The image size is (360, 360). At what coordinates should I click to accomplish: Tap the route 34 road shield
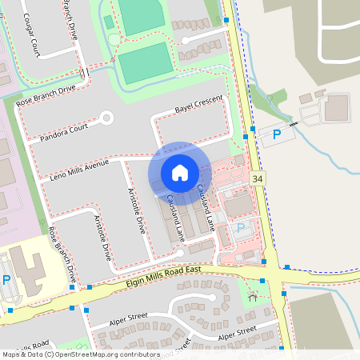(x=256, y=178)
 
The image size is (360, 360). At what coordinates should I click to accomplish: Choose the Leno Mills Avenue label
(x=78, y=170)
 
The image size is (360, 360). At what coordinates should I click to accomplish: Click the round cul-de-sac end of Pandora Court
(x=106, y=119)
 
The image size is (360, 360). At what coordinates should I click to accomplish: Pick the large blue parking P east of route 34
(x=277, y=134)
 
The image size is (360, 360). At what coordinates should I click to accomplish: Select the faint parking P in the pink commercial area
(x=241, y=229)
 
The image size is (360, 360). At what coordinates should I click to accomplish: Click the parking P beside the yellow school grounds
(x=6, y=280)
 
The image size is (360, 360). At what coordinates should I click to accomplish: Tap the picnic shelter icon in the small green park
(x=254, y=298)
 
